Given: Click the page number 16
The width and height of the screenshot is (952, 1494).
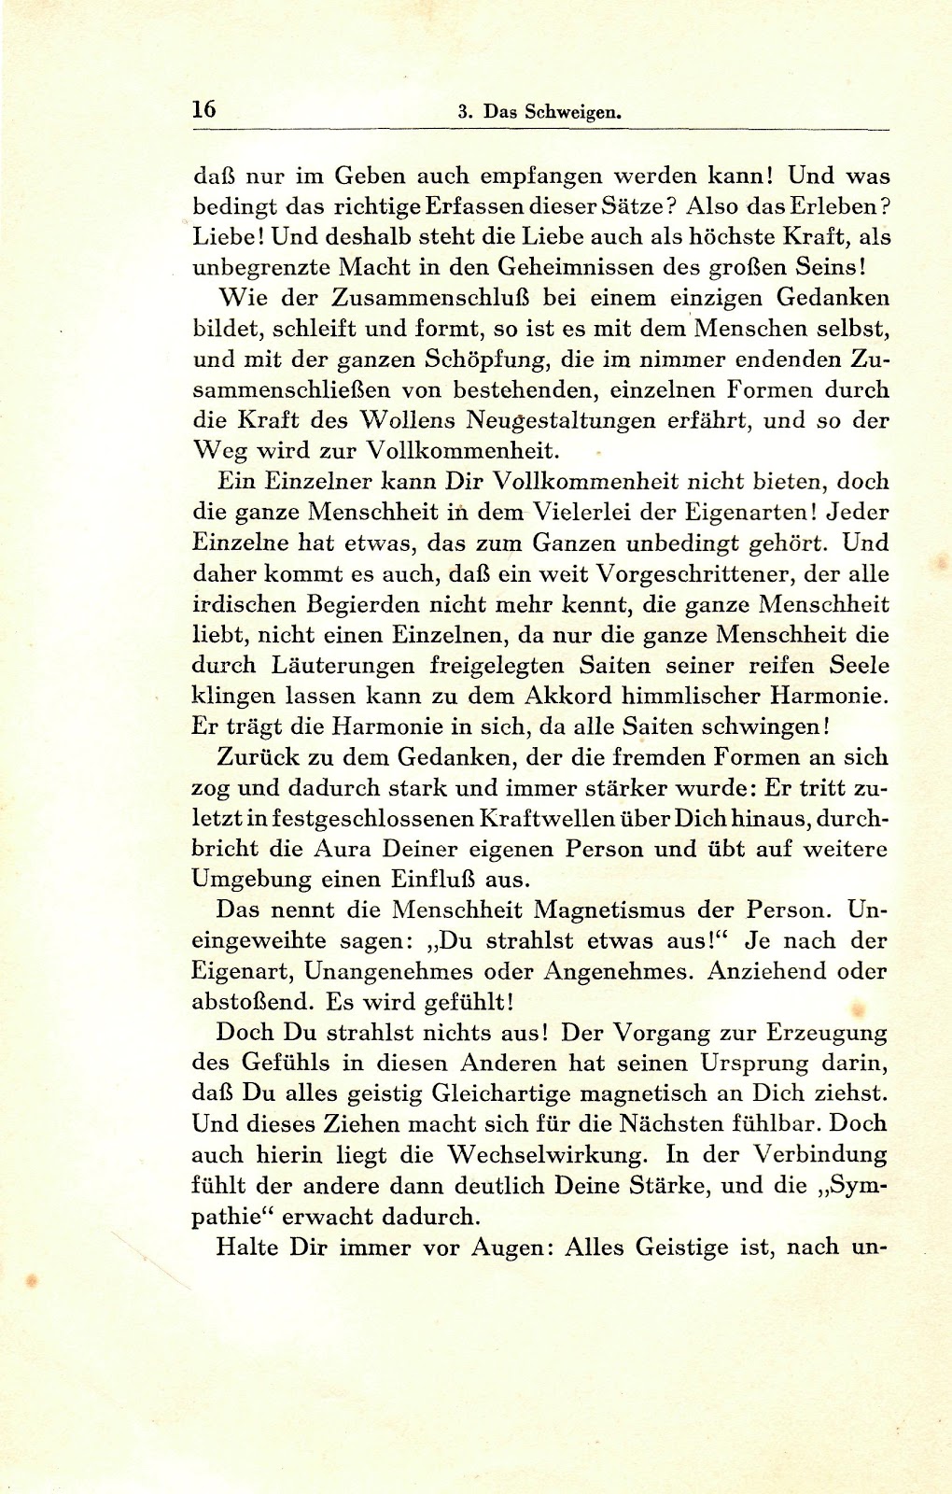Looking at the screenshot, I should (x=203, y=108).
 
